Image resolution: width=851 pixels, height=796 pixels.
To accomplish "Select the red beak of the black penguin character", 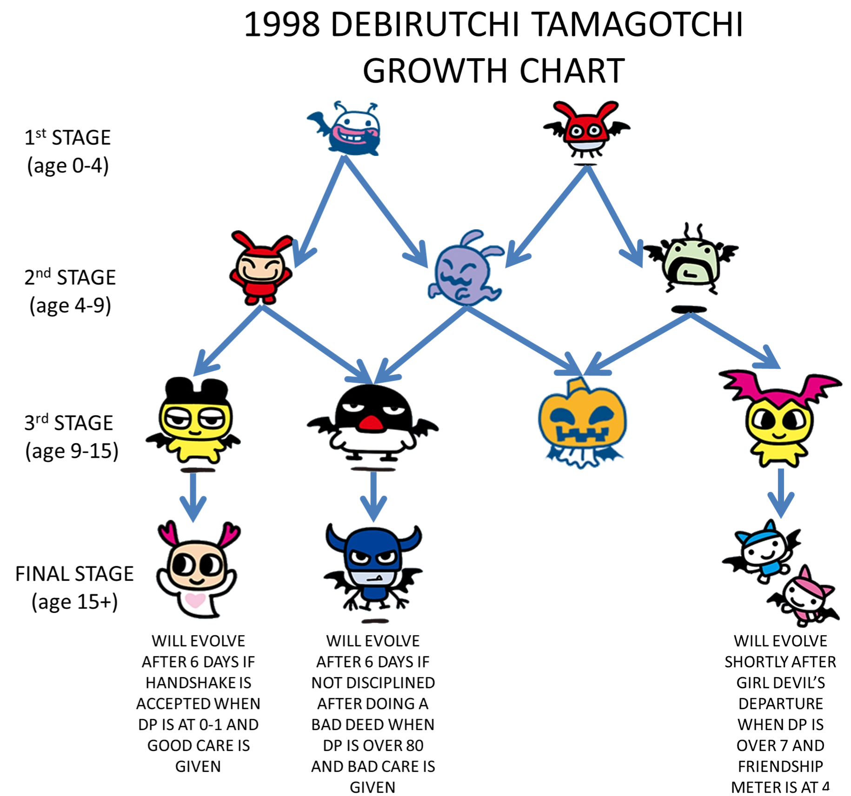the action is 370,422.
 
